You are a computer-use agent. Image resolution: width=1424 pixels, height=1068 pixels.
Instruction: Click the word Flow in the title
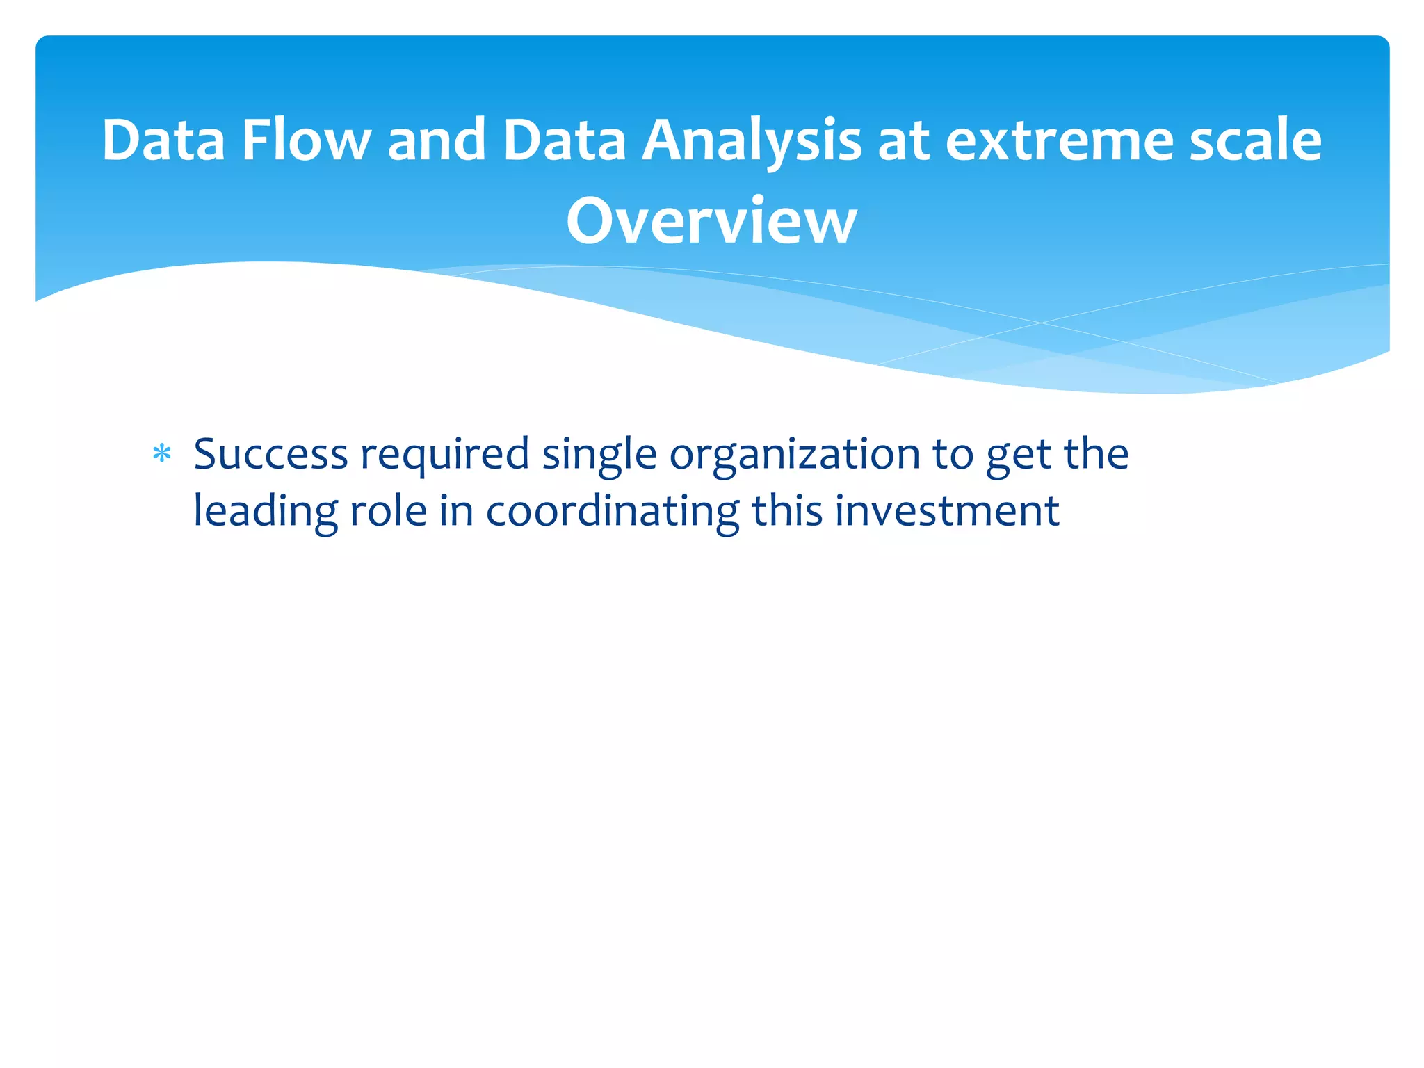pos(306,140)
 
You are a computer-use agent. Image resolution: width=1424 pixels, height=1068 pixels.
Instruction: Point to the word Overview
pos(711,221)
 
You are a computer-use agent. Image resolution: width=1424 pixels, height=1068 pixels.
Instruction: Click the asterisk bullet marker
pos(161,455)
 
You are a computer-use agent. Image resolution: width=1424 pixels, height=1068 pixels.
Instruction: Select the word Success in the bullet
pos(270,455)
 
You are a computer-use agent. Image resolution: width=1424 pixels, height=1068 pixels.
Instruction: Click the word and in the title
pos(436,140)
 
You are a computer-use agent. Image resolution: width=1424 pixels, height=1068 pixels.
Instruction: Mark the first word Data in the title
pos(163,140)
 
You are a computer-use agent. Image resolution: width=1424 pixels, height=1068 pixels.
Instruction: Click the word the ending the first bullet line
pos(1096,455)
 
